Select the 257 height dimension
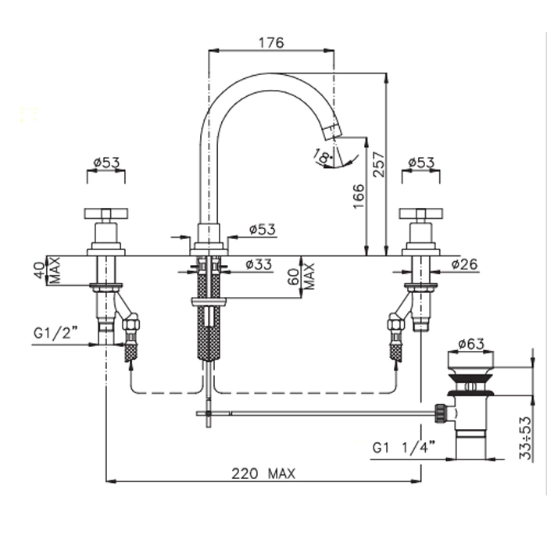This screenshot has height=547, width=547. coord(378,166)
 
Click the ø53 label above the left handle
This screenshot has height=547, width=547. coord(106,163)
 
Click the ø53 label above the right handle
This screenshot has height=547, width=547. coord(422,163)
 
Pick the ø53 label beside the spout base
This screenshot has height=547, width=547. coord(263,229)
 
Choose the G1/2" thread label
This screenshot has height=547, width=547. coord(55,333)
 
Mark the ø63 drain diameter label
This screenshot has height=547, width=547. coord(472,343)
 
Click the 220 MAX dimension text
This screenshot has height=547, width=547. coord(263,473)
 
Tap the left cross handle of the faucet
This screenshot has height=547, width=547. coord(106,213)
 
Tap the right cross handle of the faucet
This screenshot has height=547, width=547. coord(421,213)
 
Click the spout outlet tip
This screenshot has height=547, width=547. coord(334,130)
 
